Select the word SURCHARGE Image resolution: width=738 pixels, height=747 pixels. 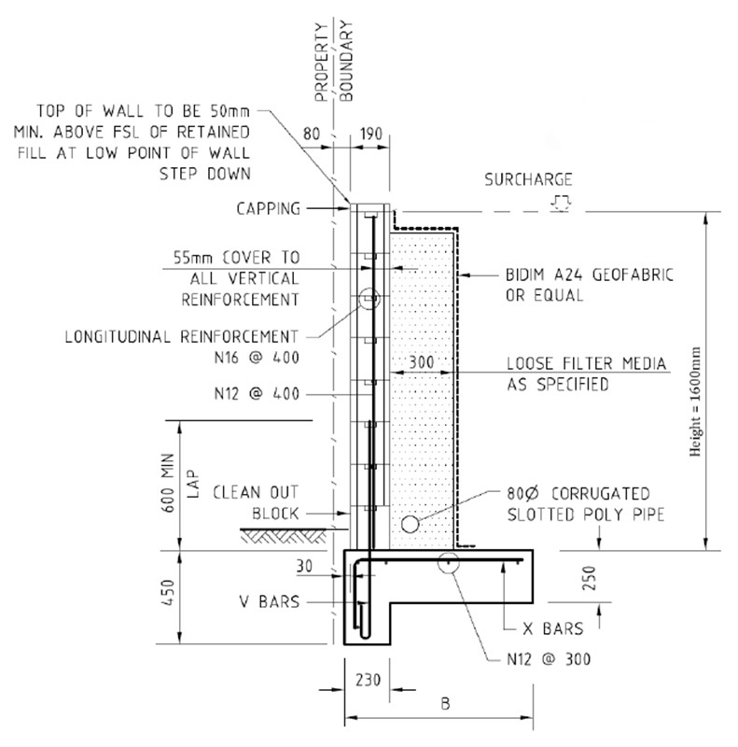[528, 179]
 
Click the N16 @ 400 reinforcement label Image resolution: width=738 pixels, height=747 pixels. [262, 358]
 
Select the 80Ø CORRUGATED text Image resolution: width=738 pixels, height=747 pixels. [578, 494]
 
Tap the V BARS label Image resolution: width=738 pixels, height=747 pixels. [267, 602]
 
